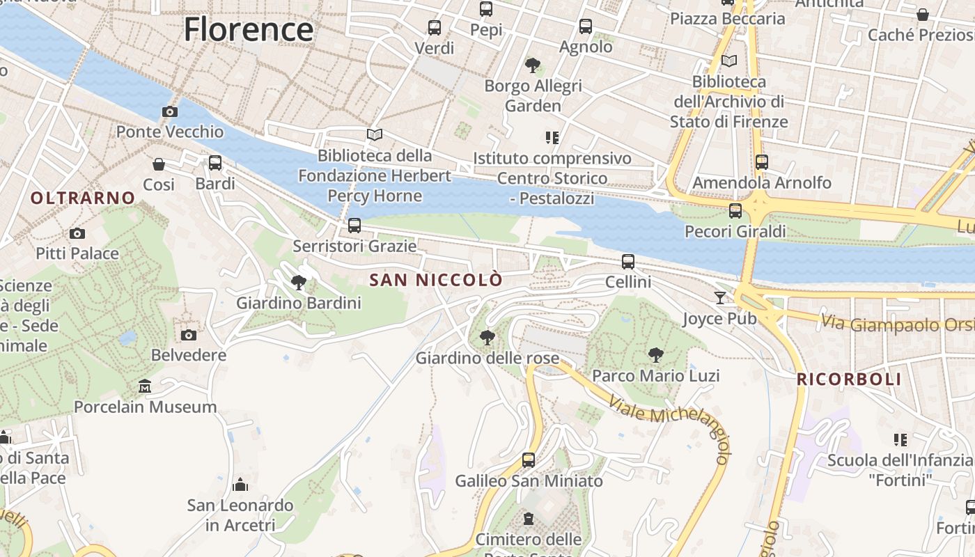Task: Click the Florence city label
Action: point(248,29)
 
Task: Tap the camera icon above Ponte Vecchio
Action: point(169,111)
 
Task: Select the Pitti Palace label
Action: point(77,253)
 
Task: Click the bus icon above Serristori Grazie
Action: point(354,226)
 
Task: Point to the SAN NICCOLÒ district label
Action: point(436,280)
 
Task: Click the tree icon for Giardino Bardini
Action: point(299,283)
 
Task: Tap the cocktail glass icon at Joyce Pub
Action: point(720,298)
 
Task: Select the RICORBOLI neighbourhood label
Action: point(849,379)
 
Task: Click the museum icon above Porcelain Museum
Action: point(145,386)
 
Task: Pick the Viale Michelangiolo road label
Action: point(669,427)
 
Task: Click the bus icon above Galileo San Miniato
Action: point(529,460)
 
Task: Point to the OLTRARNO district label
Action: point(83,198)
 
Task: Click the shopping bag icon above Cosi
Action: point(159,164)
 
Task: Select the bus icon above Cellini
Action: point(628,262)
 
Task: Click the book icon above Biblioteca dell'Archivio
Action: point(729,61)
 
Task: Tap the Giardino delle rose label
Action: point(487,359)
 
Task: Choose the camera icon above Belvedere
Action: point(189,335)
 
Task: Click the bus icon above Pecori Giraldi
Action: point(735,210)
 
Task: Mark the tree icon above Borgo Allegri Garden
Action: point(533,65)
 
